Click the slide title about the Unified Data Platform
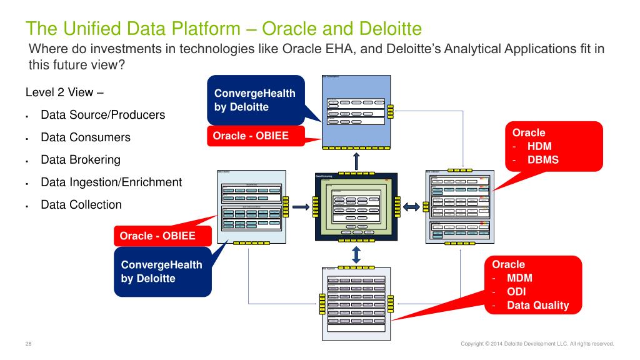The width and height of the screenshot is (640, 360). pos(223,28)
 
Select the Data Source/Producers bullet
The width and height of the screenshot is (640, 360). pos(102,115)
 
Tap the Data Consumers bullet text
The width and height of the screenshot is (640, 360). pos(86,137)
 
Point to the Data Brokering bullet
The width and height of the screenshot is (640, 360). pos(81,159)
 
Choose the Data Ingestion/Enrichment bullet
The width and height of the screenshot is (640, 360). pos(111,182)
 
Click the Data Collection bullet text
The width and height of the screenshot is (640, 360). pos(81,204)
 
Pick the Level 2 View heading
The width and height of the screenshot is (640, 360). pos(64,92)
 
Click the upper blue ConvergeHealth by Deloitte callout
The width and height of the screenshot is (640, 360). pos(255,100)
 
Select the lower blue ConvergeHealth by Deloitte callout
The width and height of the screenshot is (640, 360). pos(161,271)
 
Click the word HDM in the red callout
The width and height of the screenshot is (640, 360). pos(539,146)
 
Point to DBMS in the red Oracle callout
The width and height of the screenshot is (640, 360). pos(543,159)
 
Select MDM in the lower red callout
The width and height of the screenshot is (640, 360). pos(519,278)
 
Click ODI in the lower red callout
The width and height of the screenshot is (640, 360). pos(516,292)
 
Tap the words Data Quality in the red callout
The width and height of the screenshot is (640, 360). pos(538,306)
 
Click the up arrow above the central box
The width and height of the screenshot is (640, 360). pos(356,160)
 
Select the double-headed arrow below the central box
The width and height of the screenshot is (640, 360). pos(356,254)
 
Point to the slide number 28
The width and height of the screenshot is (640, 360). pos(29,343)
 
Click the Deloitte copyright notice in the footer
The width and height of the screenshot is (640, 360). pos(537,343)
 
